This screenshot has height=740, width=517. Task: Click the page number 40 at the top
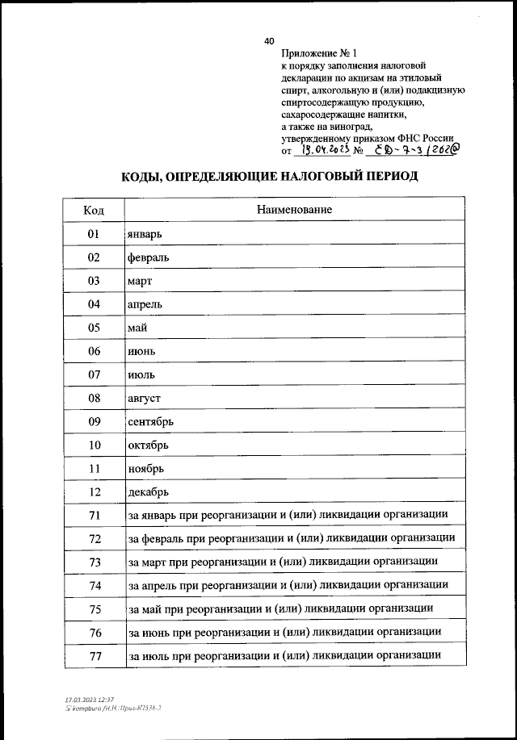(x=269, y=41)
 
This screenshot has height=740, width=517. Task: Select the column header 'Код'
(x=94, y=210)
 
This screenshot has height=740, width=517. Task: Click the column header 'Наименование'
(x=294, y=210)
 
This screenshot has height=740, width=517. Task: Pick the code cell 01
(x=94, y=234)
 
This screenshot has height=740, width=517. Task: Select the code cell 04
(x=94, y=304)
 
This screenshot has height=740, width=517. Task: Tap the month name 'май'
(x=137, y=328)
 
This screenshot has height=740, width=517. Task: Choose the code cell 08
(x=94, y=398)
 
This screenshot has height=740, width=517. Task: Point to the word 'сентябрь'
(x=150, y=421)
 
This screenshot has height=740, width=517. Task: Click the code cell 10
(x=94, y=445)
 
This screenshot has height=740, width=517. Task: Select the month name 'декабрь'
(x=148, y=491)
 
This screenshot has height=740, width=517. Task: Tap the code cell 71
(x=94, y=515)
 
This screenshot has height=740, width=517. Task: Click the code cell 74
(x=94, y=585)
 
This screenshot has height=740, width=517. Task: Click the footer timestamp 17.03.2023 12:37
(x=89, y=699)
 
